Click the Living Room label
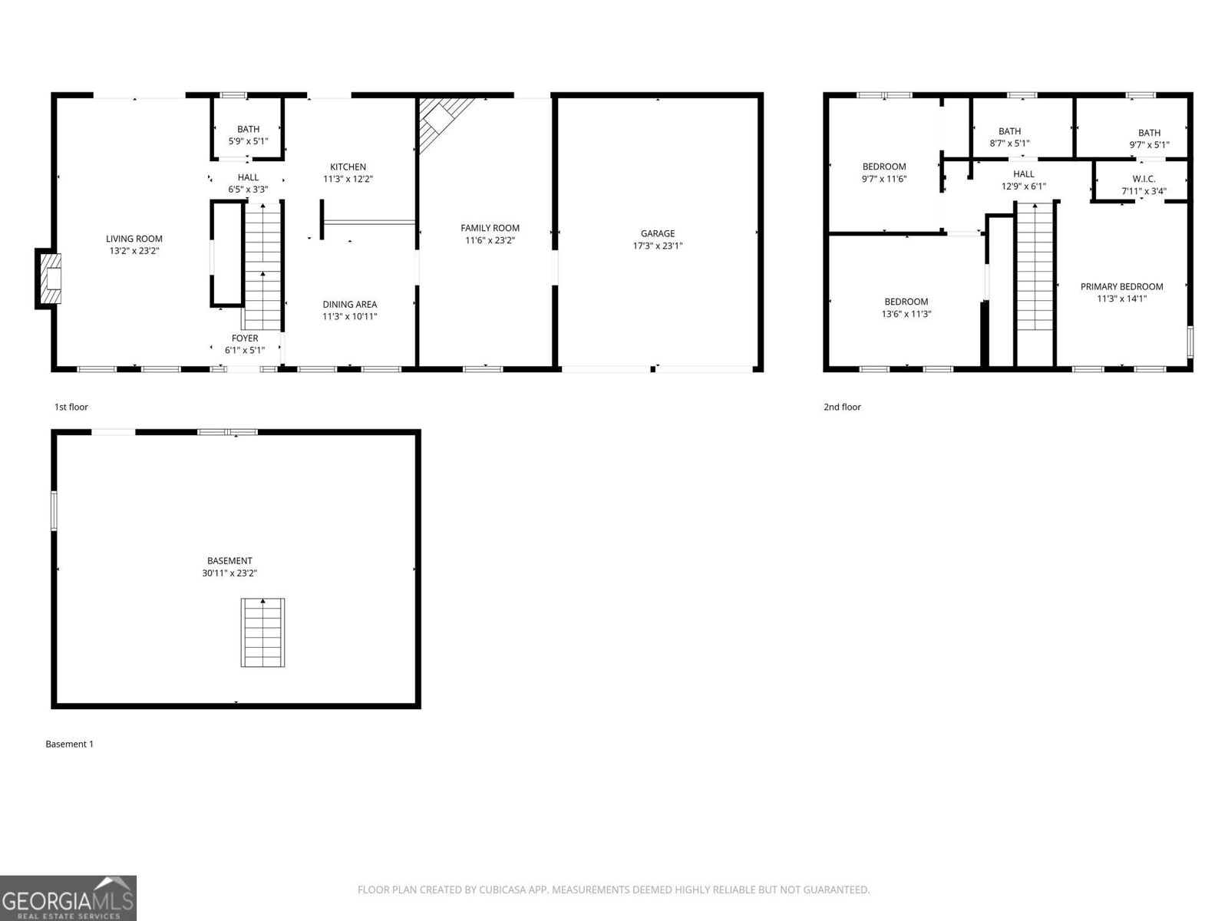pyautogui.click(x=134, y=239)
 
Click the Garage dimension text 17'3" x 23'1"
pyautogui.click(x=658, y=246)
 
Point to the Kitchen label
pyautogui.click(x=348, y=167)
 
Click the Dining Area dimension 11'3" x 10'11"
pyautogui.click(x=349, y=316)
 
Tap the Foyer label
pyautogui.click(x=245, y=338)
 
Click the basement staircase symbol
pyautogui.click(x=262, y=632)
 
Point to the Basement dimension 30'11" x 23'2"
pyautogui.click(x=229, y=573)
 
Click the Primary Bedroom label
pyautogui.click(x=1121, y=286)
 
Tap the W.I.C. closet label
pyautogui.click(x=1144, y=179)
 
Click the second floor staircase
pyautogui.click(x=1035, y=266)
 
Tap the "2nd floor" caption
pyautogui.click(x=842, y=407)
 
